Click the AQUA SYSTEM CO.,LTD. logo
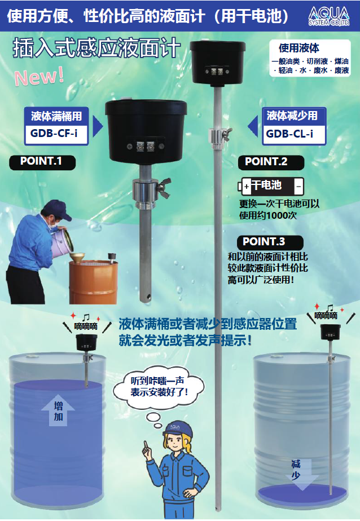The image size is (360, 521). pyautogui.click(x=329, y=16)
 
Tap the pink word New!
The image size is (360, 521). pyautogui.click(x=39, y=77)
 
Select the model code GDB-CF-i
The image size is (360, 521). pyautogui.click(x=54, y=134)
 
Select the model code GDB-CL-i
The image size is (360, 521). pyautogui.click(x=289, y=134)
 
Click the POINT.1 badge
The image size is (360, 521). pyautogui.click(x=42, y=162)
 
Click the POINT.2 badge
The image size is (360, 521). pyautogui.click(x=271, y=162)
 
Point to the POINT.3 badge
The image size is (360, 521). pyautogui.click(x=270, y=242)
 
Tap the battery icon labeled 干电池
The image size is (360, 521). pyautogui.click(x=271, y=186)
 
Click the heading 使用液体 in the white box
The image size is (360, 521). pyautogui.click(x=299, y=48)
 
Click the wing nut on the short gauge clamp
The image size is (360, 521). pyautogui.click(x=164, y=187)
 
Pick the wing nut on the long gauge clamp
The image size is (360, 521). pyautogui.click(x=228, y=134)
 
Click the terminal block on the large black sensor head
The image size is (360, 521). pyautogui.click(x=146, y=145)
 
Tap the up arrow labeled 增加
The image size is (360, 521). pyautogui.click(x=58, y=410)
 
